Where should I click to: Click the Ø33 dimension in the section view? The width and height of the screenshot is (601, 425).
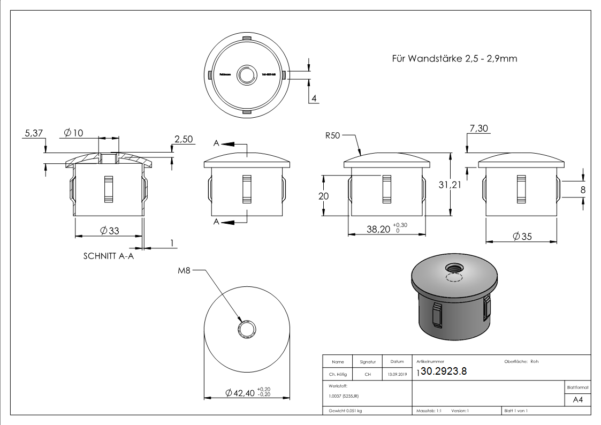109,231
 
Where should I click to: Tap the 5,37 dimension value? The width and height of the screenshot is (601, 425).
33,134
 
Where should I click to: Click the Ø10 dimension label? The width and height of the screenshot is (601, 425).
73,133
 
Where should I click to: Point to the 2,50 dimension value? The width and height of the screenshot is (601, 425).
184,139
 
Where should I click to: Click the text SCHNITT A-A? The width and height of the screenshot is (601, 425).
108,256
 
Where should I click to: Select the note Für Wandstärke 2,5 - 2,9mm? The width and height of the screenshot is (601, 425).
454,58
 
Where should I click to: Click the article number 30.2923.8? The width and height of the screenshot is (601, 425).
444,371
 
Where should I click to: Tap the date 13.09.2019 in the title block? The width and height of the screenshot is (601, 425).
397,375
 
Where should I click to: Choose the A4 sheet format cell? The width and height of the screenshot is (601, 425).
577,399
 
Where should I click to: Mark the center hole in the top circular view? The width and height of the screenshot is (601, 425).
247,75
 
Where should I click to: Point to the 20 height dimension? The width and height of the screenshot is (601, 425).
323,196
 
